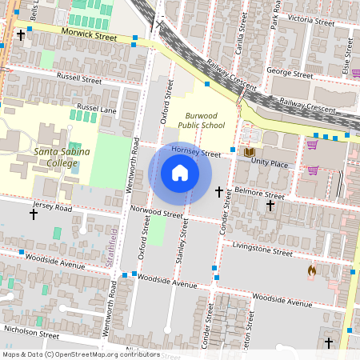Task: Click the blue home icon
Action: click(180, 173)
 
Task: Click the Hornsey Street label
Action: click(195, 153)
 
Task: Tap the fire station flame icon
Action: click(311, 271)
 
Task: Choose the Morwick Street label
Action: click(90, 36)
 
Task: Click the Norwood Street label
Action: click(156, 214)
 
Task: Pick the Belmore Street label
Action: click(260, 193)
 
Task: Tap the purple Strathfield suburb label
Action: click(113, 246)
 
